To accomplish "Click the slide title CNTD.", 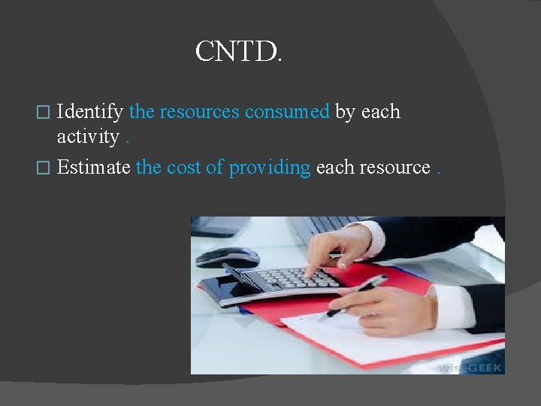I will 238,52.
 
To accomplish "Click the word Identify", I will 90,112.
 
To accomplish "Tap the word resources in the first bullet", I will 199,112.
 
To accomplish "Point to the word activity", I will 88,137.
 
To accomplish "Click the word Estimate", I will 93,167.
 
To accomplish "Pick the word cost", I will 183,167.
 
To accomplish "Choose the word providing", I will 269,168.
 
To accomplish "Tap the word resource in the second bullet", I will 395,167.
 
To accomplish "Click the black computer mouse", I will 226,257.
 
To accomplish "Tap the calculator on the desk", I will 289,282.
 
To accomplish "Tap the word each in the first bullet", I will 380,112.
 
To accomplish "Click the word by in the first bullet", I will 345,112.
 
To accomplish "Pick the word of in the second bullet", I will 214,167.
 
